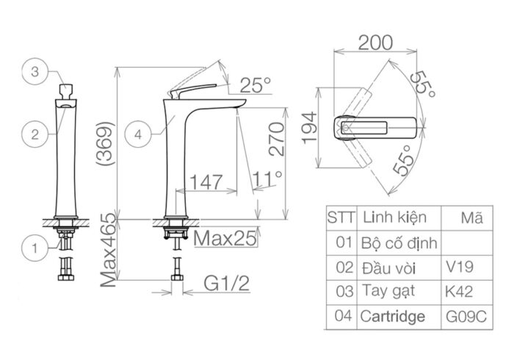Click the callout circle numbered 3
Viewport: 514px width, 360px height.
tap(34, 73)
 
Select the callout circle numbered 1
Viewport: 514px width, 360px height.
tap(34, 248)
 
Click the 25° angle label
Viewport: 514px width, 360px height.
tap(255, 85)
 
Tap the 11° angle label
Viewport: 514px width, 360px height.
tap(269, 179)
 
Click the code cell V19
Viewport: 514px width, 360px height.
tap(458, 264)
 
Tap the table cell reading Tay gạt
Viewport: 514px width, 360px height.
tap(388, 291)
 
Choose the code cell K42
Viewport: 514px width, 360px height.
tap(458, 291)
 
